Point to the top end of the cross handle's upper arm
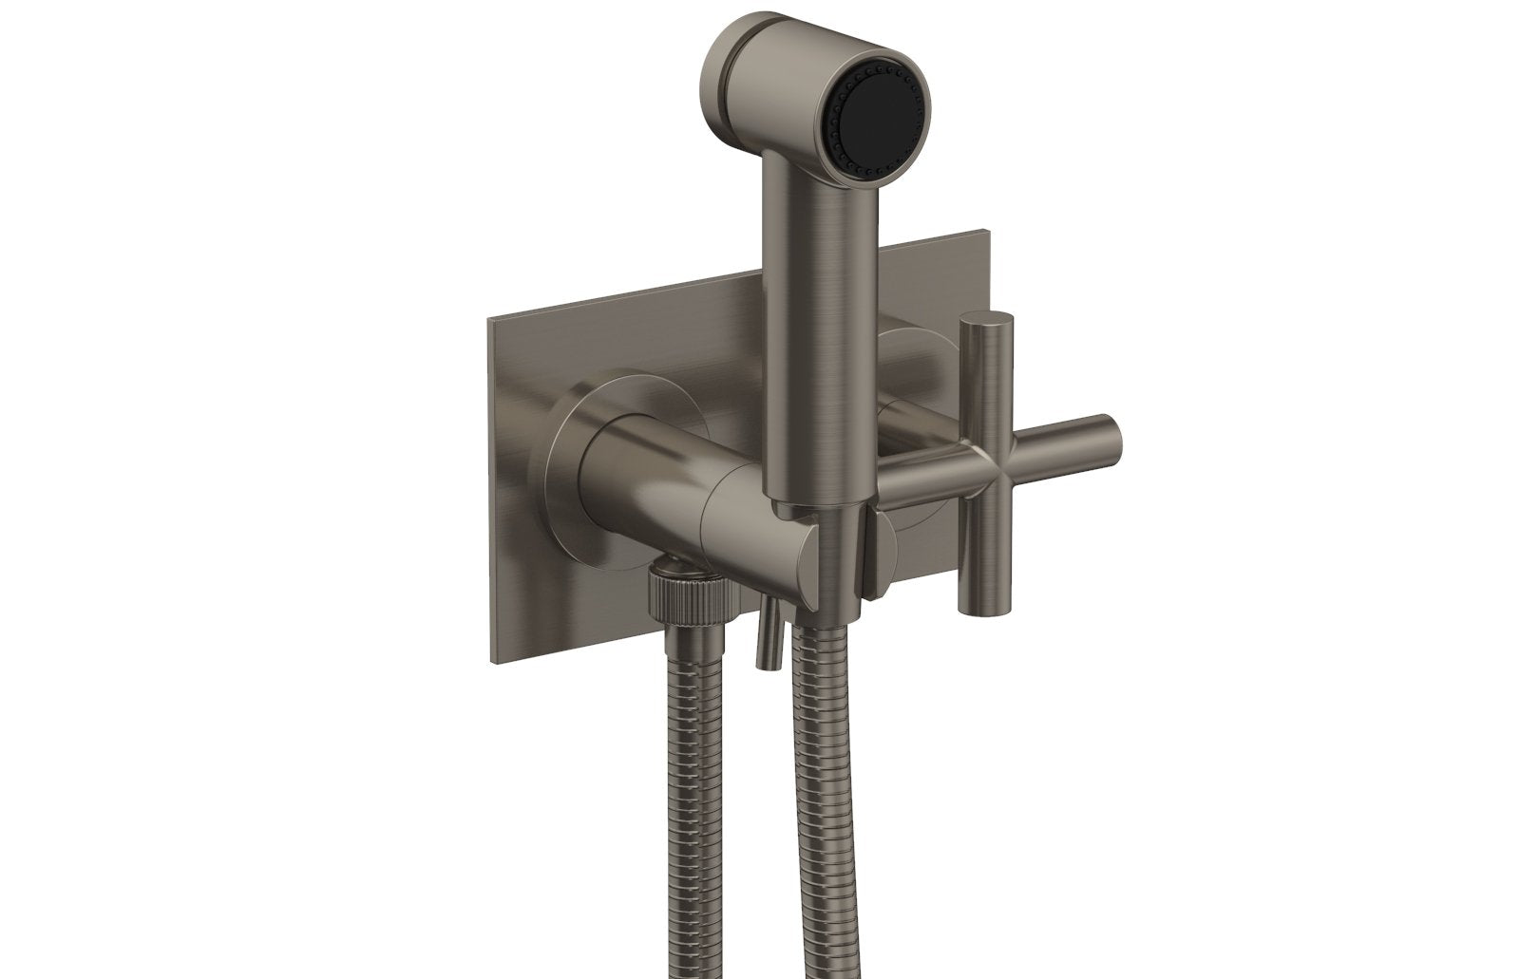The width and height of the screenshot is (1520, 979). point(983,322)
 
